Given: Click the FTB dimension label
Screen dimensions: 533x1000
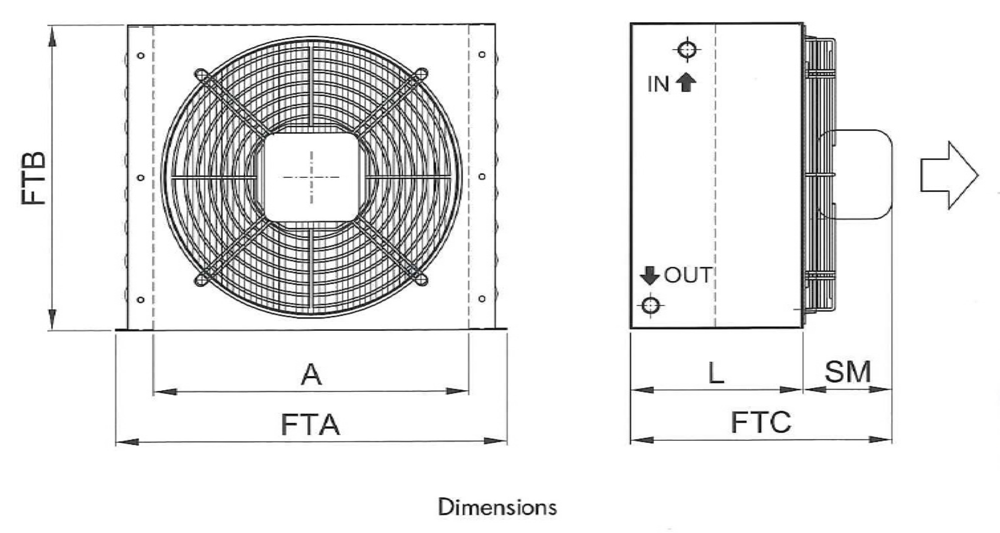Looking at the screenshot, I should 34,178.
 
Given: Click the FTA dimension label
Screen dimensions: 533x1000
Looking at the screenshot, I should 310,424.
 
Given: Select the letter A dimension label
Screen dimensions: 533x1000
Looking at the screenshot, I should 311,375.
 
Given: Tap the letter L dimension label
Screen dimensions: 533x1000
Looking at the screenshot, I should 716,373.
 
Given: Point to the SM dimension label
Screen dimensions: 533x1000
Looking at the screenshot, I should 848,372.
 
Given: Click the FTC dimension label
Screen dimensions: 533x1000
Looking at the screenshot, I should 761,423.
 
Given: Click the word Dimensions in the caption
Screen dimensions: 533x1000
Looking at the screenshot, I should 497,507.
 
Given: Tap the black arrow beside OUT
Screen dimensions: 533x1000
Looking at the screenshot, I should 649,275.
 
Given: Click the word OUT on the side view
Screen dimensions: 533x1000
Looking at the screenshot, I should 688,275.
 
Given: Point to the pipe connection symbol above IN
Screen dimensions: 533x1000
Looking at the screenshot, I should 687,49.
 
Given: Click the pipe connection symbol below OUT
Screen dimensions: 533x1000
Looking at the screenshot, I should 650,305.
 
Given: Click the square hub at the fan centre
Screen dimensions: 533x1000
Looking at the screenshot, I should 311,177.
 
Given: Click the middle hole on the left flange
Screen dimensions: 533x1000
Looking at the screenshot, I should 140,177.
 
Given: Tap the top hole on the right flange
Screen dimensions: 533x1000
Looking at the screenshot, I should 482,55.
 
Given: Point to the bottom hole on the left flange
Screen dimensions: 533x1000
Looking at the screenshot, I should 140,300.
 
